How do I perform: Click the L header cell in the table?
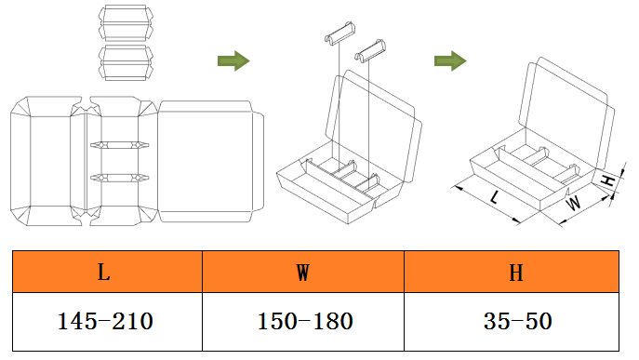(104, 273)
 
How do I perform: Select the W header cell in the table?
(302, 273)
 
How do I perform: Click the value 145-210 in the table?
(104, 322)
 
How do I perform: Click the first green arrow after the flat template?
(233, 61)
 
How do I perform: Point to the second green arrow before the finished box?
(450, 61)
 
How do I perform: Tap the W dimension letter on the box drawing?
(574, 201)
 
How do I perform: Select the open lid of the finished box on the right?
(567, 107)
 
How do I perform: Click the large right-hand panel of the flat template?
(207, 161)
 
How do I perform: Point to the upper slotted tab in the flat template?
(120, 146)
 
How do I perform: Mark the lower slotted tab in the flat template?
(120, 176)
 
